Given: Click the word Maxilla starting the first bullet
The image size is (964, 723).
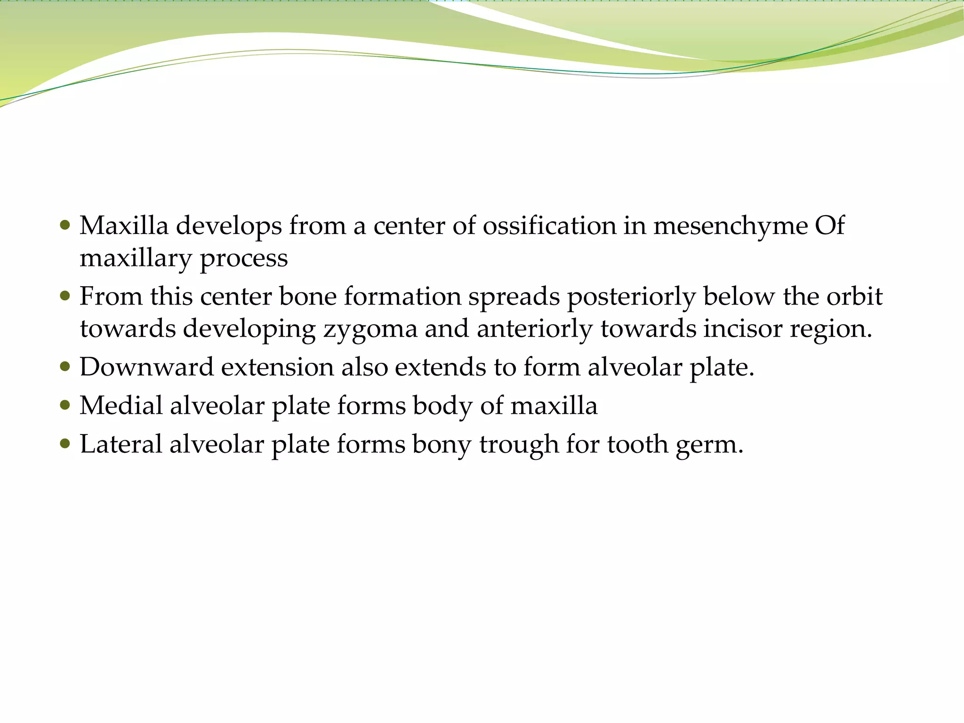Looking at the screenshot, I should (124, 225).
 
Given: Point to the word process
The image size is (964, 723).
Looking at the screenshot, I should (243, 258).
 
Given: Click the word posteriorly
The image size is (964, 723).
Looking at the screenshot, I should (631, 297).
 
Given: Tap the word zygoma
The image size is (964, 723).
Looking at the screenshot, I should (370, 329).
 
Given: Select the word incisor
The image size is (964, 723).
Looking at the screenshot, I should (742, 328).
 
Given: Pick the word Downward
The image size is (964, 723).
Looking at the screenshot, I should (146, 367).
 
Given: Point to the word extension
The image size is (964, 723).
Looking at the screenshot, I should (277, 367).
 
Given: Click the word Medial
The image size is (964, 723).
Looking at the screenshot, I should (121, 405).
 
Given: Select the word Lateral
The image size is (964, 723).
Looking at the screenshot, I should (120, 444).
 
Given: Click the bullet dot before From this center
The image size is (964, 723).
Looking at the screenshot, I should (65, 297).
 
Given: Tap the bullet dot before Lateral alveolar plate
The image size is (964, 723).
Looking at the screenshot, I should (65, 444).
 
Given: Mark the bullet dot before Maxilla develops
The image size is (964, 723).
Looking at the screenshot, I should (65, 225).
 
